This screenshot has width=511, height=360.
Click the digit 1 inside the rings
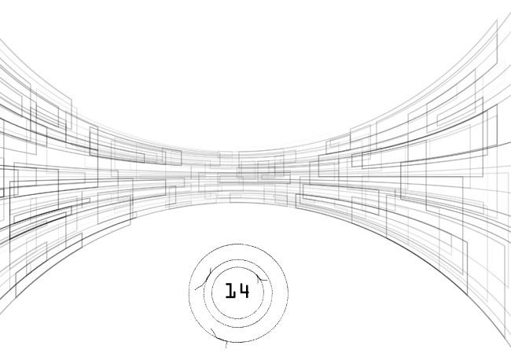230,291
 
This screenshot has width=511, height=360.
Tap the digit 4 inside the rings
243,291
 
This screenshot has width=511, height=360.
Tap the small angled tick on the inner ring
260,278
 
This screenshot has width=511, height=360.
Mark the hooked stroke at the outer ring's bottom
218,337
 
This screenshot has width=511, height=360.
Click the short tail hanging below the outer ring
226,345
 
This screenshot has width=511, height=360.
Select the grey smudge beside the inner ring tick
258,280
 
